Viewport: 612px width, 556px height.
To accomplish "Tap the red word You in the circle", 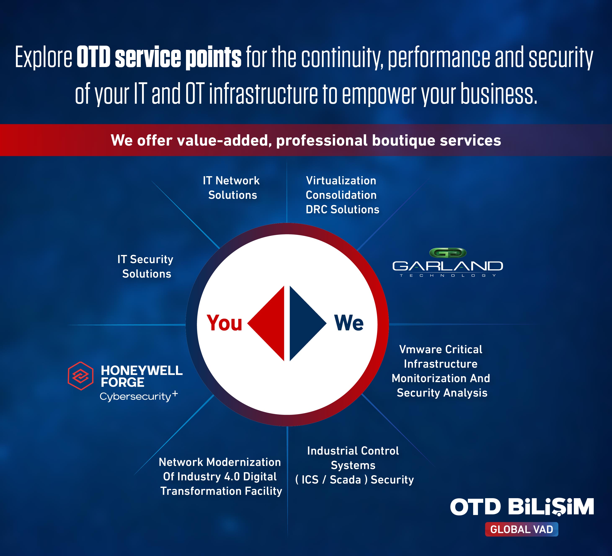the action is point(224,323).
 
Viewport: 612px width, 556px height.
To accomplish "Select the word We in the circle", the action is point(349,323).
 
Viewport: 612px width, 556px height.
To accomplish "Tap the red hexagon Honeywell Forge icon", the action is point(80,376).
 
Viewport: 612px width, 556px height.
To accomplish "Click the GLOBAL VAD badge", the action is point(522,529).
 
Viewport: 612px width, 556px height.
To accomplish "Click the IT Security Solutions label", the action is point(146,266).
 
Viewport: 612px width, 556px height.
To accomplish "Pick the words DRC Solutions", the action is point(342,209).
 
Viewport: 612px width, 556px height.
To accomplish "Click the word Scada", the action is point(345,480).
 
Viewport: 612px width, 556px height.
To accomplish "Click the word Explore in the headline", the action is point(43,58).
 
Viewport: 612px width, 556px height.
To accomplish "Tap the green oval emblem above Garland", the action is point(448,253).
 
